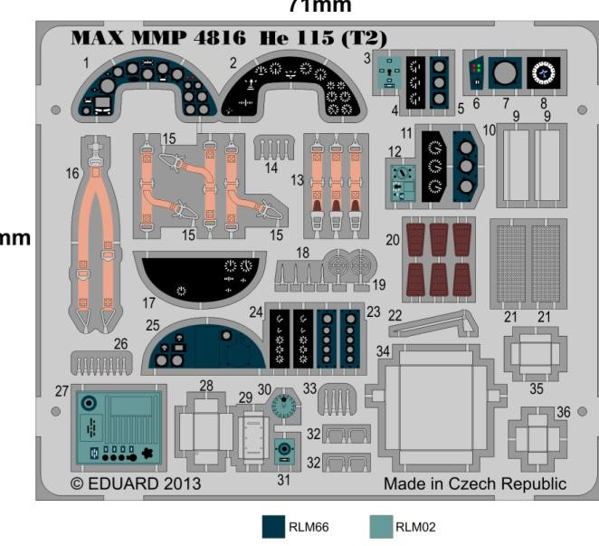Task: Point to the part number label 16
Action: point(72,172)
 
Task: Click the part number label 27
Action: point(62,391)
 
